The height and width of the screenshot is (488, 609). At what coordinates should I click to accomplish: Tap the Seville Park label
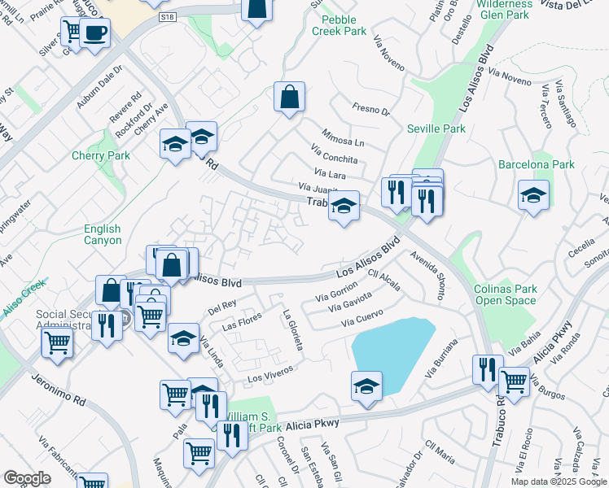[436, 129]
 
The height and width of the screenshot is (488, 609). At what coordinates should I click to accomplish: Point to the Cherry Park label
[101, 155]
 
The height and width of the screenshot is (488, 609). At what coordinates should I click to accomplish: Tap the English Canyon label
[103, 234]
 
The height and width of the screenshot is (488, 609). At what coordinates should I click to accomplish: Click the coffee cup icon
[95, 33]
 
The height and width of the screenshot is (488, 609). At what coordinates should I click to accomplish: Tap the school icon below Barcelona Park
[533, 195]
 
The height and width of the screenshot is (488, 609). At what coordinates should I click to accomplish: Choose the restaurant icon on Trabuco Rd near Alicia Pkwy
[488, 368]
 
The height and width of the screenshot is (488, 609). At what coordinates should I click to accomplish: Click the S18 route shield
[168, 16]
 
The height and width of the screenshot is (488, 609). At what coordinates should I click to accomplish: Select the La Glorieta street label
[293, 329]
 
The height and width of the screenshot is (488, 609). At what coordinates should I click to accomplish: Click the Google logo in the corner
[27, 478]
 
